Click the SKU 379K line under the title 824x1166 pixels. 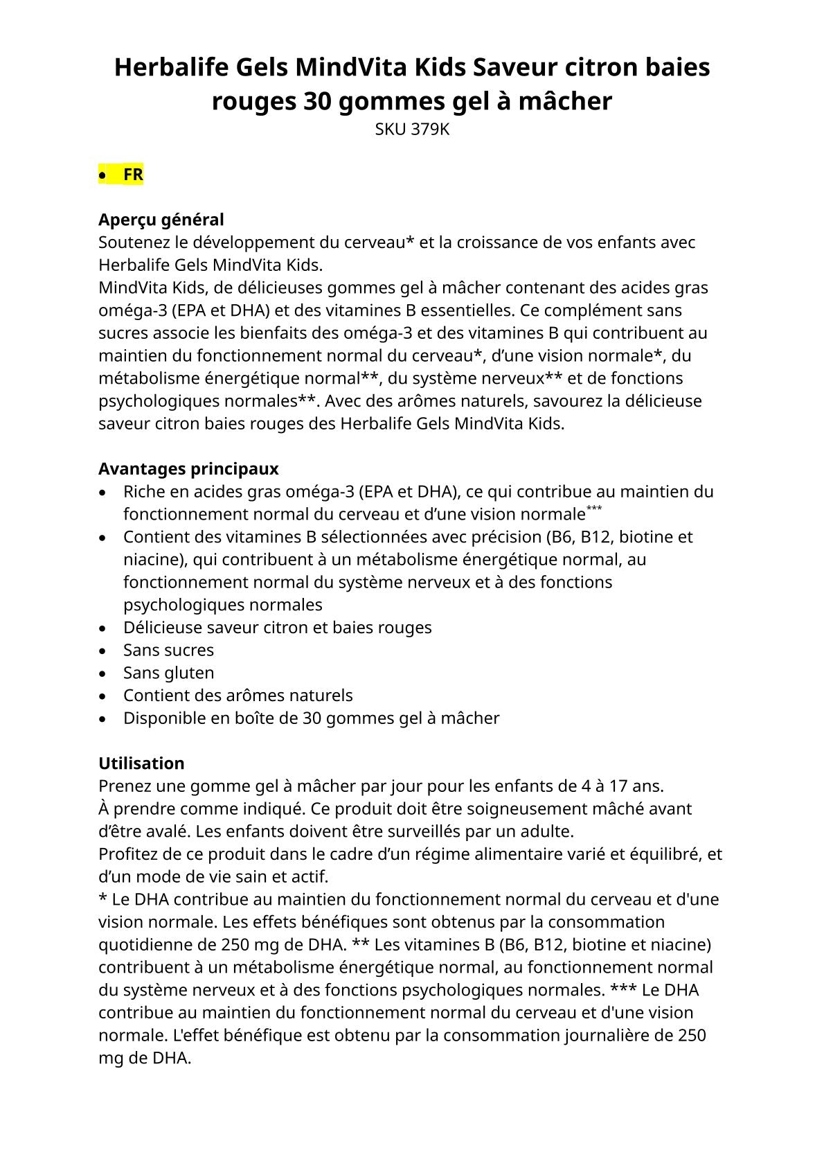coord(412,130)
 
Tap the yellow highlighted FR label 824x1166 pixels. coord(133,175)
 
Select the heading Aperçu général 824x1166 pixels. coord(161,220)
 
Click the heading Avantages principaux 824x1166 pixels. coord(188,469)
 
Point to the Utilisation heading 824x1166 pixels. coord(141,763)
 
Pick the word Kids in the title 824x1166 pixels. coord(440,68)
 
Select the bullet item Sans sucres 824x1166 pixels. coord(168,650)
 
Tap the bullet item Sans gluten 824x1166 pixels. coord(168,673)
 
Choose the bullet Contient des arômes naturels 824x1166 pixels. coord(238,696)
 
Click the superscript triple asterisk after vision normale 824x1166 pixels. coord(594,509)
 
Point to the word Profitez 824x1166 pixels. coord(127,854)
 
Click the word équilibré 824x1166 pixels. coord(665,854)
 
